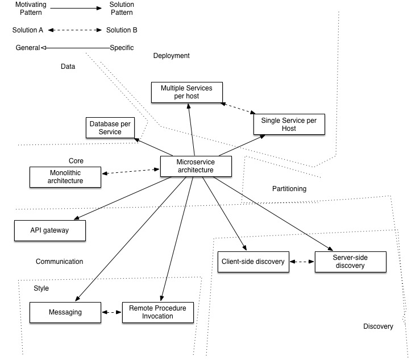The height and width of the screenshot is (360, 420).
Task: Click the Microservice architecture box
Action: click(x=196, y=165)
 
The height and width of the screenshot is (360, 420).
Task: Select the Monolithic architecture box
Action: click(x=65, y=177)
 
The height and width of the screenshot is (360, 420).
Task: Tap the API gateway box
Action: click(x=50, y=230)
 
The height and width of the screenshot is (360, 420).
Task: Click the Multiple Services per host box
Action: click(x=187, y=92)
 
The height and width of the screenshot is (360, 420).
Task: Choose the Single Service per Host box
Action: click(x=289, y=124)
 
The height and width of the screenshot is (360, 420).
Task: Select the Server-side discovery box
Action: click(x=350, y=262)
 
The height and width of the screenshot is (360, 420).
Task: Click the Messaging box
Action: click(x=65, y=312)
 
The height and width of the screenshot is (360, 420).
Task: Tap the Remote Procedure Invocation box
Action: click(x=157, y=312)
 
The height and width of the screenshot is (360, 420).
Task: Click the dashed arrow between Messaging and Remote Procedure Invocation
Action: click(x=111, y=312)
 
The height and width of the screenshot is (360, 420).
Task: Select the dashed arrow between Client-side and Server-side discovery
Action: click(x=302, y=262)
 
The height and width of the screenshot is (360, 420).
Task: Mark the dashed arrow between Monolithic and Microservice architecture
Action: click(x=130, y=171)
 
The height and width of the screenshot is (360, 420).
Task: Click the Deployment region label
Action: click(x=171, y=56)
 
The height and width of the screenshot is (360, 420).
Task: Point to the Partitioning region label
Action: click(x=289, y=188)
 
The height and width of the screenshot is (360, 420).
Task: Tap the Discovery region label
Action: click(x=378, y=326)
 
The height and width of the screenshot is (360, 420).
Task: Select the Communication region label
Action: click(x=59, y=262)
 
